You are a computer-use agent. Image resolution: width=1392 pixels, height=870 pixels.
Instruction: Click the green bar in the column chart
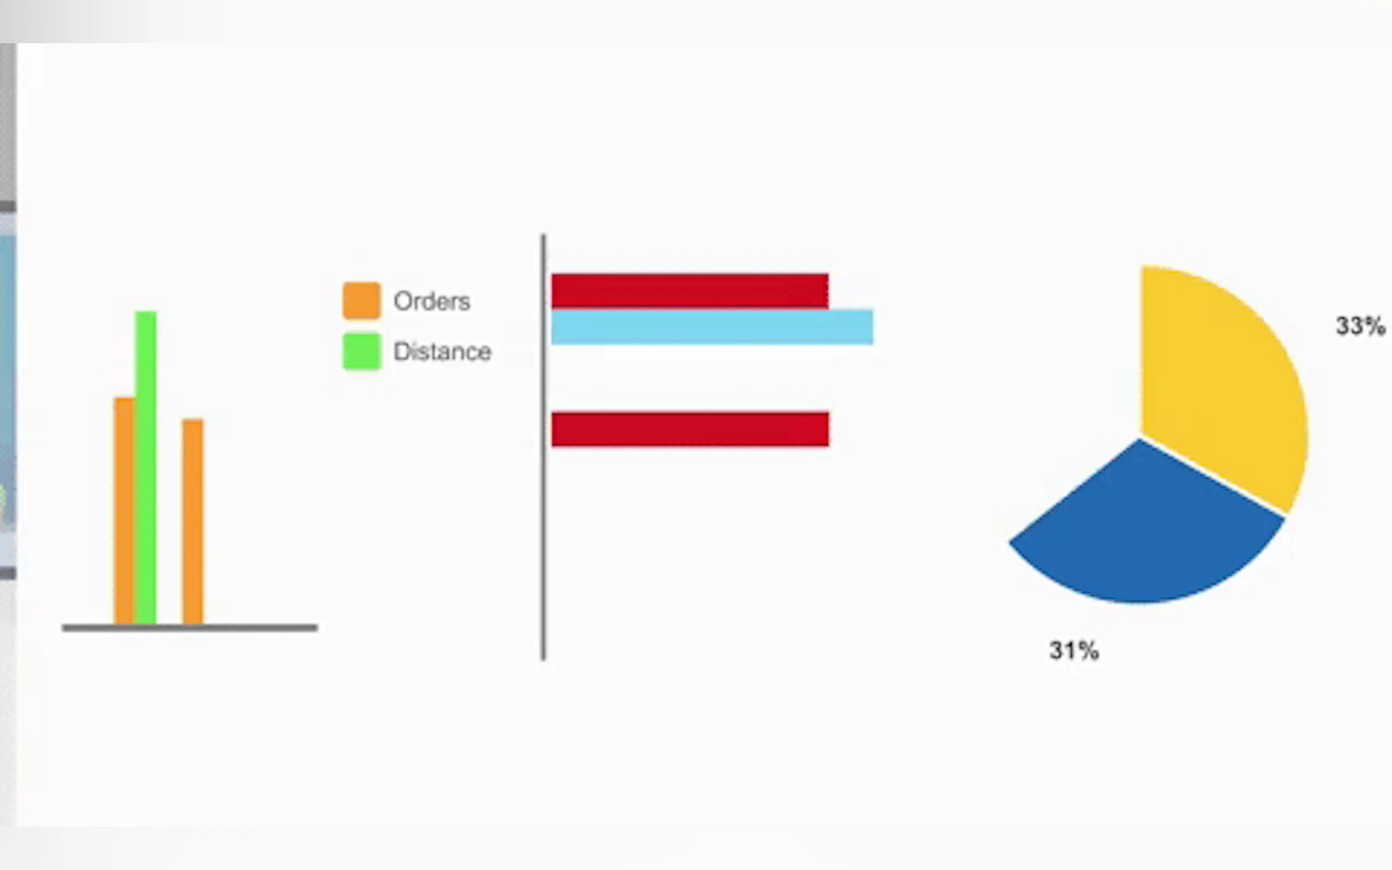click(146, 467)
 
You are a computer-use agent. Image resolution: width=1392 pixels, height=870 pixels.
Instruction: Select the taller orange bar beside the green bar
click(124, 511)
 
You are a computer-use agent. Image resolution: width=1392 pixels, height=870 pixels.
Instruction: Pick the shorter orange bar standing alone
click(193, 522)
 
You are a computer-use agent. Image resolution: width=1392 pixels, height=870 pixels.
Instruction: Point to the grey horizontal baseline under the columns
click(190, 628)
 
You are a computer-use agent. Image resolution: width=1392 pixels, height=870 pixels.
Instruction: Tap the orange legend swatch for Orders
click(361, 300)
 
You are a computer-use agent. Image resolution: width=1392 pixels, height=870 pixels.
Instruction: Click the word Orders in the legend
click(432, 301)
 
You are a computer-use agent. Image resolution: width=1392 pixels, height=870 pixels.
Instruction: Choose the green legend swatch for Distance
click(361, 351)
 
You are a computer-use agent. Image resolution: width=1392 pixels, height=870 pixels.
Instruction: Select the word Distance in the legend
click(442, 351)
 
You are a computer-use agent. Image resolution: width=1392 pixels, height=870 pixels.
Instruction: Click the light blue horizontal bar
click(712, 327)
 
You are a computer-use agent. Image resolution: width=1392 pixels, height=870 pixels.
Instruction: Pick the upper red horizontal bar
click(690, 291)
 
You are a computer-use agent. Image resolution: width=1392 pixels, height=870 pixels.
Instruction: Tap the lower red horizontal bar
click(690, 429)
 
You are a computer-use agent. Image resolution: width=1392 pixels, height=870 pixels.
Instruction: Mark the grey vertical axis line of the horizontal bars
click(543, 447)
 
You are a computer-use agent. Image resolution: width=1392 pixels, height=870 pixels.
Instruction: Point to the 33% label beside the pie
click(1360, 325)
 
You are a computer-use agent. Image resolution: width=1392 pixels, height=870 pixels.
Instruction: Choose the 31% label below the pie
click(1074, 651)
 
